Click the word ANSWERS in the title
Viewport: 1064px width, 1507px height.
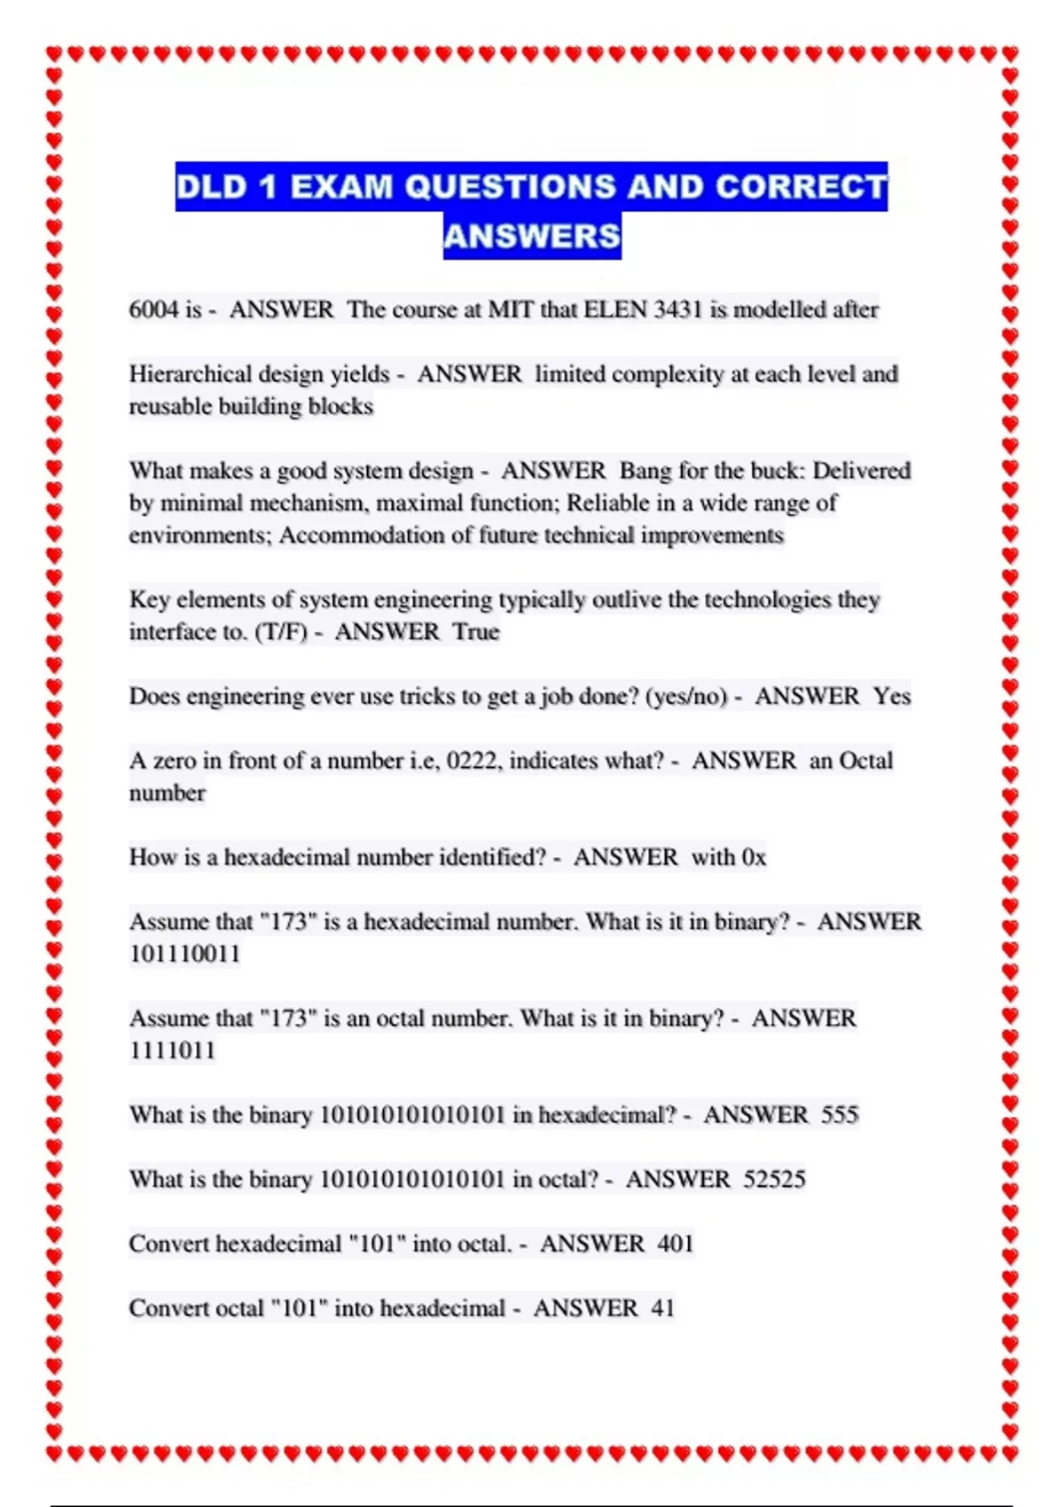point(532,236)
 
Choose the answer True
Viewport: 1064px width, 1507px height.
point(476,632)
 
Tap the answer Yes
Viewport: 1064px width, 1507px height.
point(891,697)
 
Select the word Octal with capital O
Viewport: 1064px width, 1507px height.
point(865,761)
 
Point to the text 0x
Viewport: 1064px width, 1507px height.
point(754,858)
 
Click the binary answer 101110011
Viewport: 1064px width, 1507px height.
point(184,955)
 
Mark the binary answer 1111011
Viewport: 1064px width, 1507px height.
point(172,1051)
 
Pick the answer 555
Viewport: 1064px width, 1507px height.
point(840,1115)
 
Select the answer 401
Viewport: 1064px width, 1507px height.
point(675,1244)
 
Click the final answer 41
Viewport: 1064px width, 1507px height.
point(662,1308)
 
